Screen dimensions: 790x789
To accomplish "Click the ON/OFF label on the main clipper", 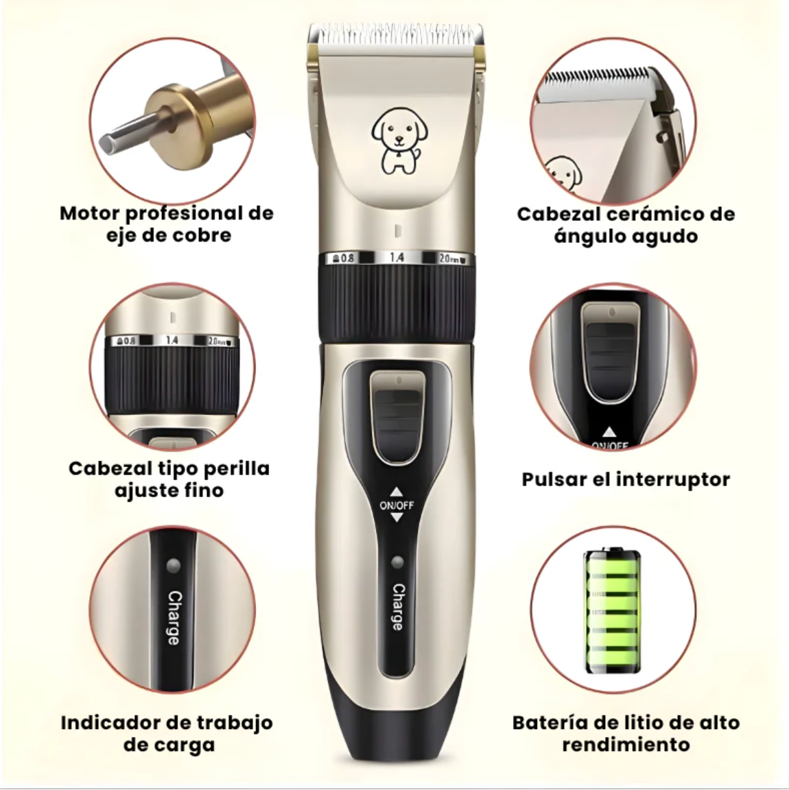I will (x=397, y=505).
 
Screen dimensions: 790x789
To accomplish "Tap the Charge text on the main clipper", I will (x=397, y=607).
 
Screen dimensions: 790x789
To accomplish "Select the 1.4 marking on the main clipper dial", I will (x=397, y=258).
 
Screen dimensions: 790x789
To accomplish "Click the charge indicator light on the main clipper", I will (x=396, y=564).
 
